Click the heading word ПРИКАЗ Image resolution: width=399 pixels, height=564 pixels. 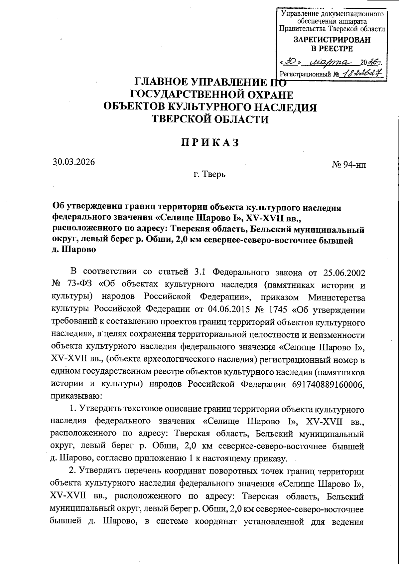210,142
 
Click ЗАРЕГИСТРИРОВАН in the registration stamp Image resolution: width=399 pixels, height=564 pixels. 332,40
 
